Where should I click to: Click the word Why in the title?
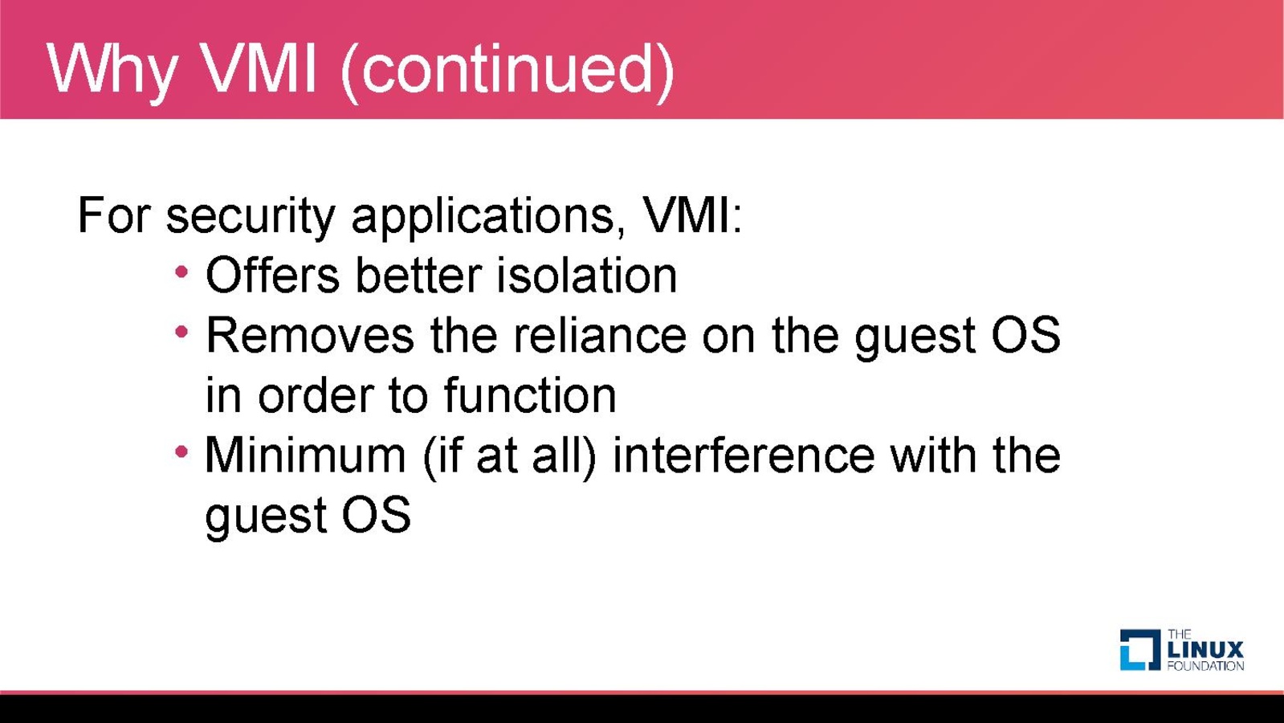(x=111, y=70)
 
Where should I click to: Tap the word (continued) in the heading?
(x=507, y=71)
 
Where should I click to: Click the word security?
(x=251, y=217)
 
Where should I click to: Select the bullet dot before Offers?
(x=181, y=272)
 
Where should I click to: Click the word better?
(x=418, y=276)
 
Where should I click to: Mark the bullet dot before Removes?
(x=181, y=332)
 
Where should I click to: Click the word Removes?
(x=309, y=335)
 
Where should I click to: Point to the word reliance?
(x=600, y=335)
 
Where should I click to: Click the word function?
(x=530, y=394)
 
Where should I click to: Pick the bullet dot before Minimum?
(x=181, y=451)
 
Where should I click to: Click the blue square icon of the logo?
(x=1140, y=650)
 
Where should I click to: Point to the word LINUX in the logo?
(x=1205, y=650)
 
